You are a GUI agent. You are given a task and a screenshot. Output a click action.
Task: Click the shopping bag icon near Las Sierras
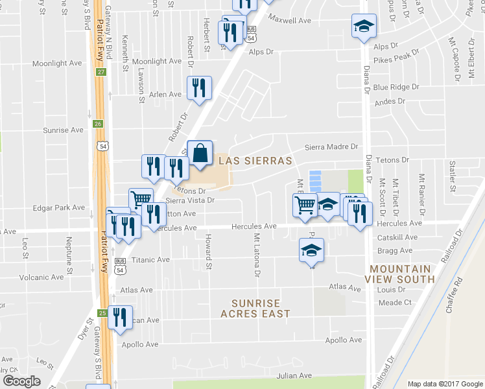[200, 154]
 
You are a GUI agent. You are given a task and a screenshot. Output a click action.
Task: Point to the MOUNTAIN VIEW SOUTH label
[402, 274]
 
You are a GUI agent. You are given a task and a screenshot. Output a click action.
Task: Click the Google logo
[21, 381]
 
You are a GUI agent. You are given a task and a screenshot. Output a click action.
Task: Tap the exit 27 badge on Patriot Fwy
[101, 71]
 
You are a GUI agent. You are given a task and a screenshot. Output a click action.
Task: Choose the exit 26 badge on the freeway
[98, 123]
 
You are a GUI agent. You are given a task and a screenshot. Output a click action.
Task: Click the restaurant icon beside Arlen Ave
[199, 88]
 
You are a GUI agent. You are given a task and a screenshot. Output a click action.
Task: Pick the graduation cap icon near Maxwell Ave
[364, 26]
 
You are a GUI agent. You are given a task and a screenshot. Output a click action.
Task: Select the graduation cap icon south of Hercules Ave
[311, 250]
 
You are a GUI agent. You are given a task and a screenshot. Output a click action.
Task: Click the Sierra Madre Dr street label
[331, 147]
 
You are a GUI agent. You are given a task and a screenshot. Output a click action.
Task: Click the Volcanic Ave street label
[41, 277]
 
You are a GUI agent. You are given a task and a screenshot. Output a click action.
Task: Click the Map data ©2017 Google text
[444, 384]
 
